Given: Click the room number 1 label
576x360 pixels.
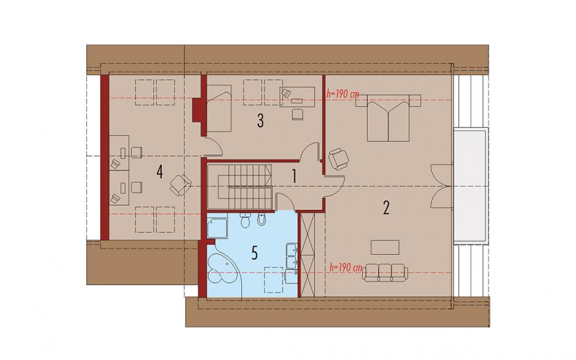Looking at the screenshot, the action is (x=294, y=176).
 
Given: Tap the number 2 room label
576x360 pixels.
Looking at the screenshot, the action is (x=385, y=208).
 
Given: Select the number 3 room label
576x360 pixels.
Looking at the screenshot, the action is (x=260, y=121).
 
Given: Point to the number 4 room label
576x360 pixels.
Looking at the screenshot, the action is (x=159, y=172).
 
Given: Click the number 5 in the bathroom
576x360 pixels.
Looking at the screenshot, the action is (x=254, y=253).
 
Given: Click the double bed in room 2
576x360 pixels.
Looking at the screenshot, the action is (x=388, y=117).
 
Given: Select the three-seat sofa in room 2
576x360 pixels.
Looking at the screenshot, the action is (x=385, y=272).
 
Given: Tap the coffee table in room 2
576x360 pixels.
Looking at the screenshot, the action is (x=385, y=247).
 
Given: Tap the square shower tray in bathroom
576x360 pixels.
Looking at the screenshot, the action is (x=217, y=227).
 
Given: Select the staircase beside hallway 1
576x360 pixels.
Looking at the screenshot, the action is (x=240, y=186).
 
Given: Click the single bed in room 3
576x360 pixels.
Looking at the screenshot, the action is (x=219, y=109).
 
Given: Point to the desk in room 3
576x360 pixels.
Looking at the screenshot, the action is (x=297, y=97).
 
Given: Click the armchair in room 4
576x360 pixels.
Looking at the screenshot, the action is (x=180, y=185).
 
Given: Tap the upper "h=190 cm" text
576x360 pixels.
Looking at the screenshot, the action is (x=343, y=94).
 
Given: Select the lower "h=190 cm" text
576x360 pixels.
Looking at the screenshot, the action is (x=346, y=267).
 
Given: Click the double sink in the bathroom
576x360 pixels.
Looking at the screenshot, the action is (x=292, y=255).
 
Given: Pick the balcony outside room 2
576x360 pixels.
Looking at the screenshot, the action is (x=471, y=186).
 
